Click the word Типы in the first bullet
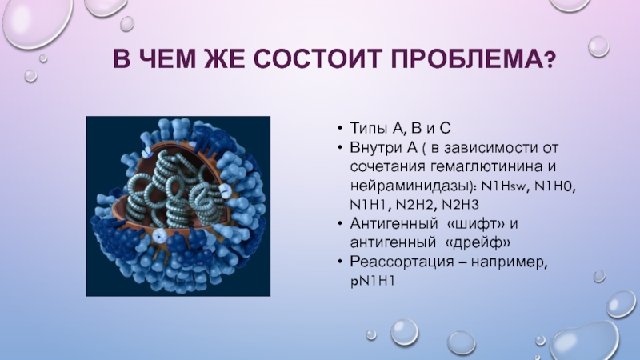pyautogui.click(x=369, y=128)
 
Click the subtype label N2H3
pyautogui.click(x=460, y=204)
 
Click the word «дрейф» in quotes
pyautogui.click(x=477, y=243)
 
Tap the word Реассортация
pyautogui.click(x=402, y=262)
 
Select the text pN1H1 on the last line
pyautogui.click(x=372, y=281)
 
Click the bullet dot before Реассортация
pyautogui.click(x=339, y=261)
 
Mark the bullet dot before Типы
pyautogui.click(x=339, y=128)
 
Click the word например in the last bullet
pyautogui.click(x=509, y=262)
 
